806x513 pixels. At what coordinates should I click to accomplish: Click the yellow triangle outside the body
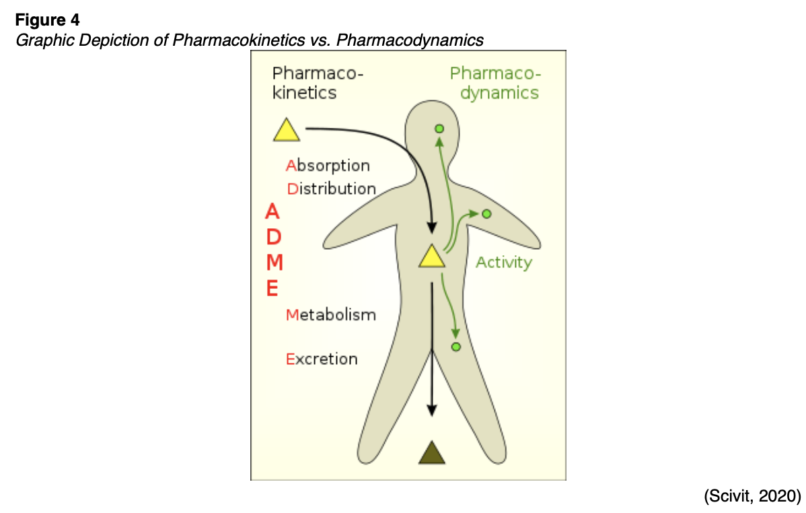click(x=287, y=131)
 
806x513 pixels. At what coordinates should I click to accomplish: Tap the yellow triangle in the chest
click(x=431, y=256)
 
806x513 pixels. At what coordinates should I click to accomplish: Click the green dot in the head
click(x=439, y=128)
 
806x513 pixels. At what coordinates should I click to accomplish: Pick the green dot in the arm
click(x=486, y=213)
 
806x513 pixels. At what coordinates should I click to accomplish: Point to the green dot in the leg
click(x=455, y=346)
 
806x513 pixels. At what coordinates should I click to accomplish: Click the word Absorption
click(x=328, y=166)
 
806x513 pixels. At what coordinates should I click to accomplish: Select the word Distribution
click(x=331, y=189)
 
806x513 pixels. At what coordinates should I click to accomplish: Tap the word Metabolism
click(x=330, y=314)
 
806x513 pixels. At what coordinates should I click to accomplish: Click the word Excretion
click(x=322, y=359)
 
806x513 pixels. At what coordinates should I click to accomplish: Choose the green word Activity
click(x=503, y=263)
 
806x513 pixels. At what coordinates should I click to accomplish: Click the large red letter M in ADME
click(x=272, y=263)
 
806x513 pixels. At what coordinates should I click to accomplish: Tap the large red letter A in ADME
click(x=272, y=212)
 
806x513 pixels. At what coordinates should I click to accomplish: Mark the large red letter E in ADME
click(x=272, y=289)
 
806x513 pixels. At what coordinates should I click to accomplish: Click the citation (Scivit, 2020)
click(x=752, y=496)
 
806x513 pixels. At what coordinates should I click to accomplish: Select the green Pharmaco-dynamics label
click(x=495, y=83)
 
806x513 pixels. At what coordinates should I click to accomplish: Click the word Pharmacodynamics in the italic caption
click(x=410, y=40)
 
